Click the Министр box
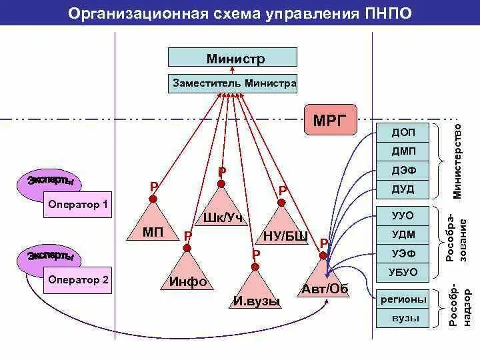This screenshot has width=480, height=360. coord(232,58)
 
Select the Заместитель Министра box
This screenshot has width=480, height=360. coord(234,84)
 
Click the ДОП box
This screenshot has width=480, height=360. coord(403,133)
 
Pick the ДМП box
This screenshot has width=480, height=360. coord(403,151)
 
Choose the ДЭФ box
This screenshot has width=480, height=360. coord(403,171)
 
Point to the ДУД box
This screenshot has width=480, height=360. coord(403,189)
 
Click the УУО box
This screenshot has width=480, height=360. coord(403,216)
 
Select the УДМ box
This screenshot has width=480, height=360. coord(403,234)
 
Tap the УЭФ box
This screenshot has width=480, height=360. coord(403,253)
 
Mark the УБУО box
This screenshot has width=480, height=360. coord(403,271)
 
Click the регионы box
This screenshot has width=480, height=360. coord(403,299)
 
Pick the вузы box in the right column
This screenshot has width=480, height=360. coord(403,318)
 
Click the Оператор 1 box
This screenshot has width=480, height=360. coord(78,205)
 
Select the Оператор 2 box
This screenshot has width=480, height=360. coord(78,280)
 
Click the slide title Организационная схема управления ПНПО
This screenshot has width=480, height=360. coord(240,13)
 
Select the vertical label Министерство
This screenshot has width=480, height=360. coord(458,160)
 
